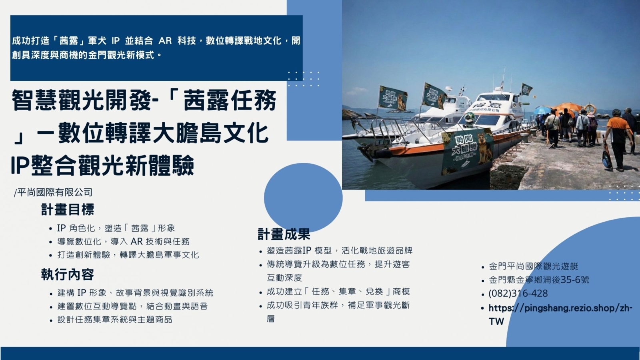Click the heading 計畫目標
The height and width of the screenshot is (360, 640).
(x=68, y=210)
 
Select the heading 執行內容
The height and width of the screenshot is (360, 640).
(x=68, y=274)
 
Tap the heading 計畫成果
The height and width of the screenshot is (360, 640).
(x=284, y=234)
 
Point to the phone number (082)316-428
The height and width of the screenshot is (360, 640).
(x=518, y=294)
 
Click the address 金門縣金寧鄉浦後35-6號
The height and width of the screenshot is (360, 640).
(x=539, y=280)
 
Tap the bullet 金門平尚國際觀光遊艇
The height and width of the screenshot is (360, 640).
(x=534, y=266)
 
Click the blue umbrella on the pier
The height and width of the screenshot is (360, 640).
(x=542, y=110)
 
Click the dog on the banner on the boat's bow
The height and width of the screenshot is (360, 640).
(x=484, y=150)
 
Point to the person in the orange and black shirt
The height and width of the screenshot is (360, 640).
(x=618, y=140)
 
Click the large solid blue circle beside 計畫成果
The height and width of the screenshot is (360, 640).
(x=303, y=198)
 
